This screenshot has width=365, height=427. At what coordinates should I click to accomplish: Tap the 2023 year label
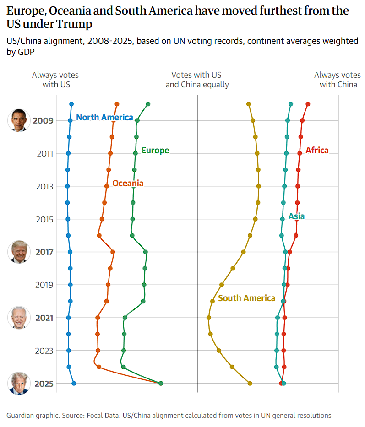pos(45,351)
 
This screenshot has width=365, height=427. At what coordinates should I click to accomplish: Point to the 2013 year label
pos(45,187)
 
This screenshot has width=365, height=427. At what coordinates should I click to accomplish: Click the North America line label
pos(104,118)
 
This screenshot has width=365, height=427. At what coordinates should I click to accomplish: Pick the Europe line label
pos(155,151)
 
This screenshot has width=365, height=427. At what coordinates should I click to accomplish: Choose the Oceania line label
pos(128,184)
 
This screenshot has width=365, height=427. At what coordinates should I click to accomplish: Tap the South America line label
pos(246,298)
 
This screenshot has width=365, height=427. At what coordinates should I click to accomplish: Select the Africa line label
pos(317,151)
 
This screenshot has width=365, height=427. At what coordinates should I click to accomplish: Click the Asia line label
pos(296,216)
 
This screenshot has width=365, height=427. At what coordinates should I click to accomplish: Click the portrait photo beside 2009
pos(19,120)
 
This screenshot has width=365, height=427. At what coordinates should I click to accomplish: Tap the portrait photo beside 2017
pos(19,252)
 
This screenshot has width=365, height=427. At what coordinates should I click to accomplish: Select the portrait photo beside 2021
pos(19,318)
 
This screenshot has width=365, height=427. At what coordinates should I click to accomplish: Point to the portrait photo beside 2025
pos(19,384)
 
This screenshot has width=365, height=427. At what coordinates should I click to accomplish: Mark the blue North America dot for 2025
pos(74,384)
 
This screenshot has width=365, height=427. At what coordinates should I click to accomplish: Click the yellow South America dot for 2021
pos(209,318)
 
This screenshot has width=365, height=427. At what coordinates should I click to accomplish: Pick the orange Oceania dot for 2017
pos(113,252)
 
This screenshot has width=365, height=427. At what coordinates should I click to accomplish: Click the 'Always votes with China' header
pos(338,80)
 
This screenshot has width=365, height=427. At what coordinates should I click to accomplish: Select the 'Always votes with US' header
pos(55,80)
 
